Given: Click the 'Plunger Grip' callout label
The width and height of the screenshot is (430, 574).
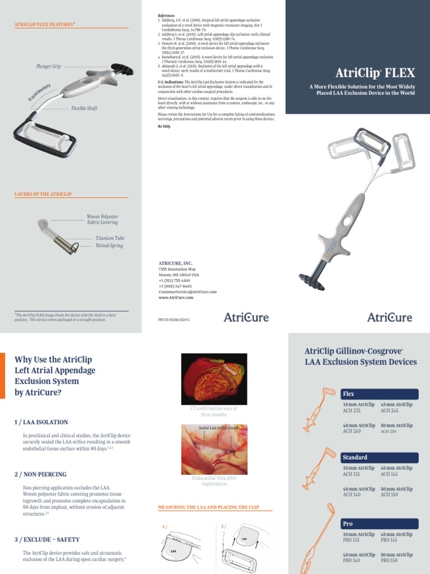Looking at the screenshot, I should point(49,67).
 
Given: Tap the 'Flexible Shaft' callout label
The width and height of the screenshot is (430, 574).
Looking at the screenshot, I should point(84,108).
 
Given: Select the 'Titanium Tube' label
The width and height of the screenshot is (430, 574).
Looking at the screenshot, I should point(110,238).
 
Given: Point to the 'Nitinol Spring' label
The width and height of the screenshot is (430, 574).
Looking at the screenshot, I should point(109,246).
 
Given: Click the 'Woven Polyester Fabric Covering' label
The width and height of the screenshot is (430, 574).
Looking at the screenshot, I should point(102,220).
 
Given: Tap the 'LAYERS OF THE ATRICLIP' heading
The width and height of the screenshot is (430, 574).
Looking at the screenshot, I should point(43,194).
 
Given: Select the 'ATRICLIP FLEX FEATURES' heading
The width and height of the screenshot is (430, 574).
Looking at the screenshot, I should point(45,25).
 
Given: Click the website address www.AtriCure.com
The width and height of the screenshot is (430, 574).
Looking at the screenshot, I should point(176,298).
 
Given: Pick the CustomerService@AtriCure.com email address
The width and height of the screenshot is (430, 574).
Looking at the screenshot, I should point(188,292).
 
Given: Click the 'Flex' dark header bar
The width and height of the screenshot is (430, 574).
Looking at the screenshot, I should point(380,394).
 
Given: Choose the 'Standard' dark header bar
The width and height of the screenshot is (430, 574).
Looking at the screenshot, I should point(380,457).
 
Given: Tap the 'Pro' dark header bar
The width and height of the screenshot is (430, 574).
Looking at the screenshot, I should point(380,523).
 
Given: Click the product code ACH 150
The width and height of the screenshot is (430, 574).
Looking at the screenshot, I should point(389,495).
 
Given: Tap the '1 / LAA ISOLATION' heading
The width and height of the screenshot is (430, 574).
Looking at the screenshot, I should point(41,422).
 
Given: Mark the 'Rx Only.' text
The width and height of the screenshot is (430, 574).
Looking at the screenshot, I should point(163,127).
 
